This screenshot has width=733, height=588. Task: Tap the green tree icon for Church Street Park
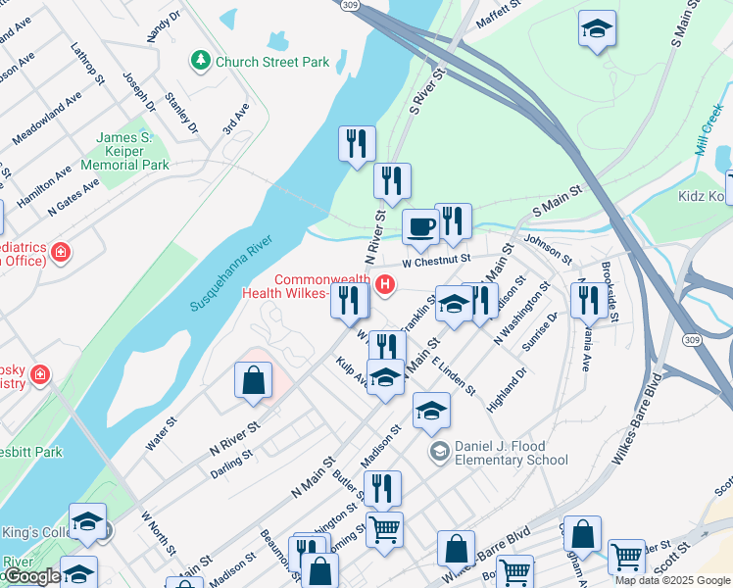202,61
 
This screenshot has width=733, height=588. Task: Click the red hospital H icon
385,286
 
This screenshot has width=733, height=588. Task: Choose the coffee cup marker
420,226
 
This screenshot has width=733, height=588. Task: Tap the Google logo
31,576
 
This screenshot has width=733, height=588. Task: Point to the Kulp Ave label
351,370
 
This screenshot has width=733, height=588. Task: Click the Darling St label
232,464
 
